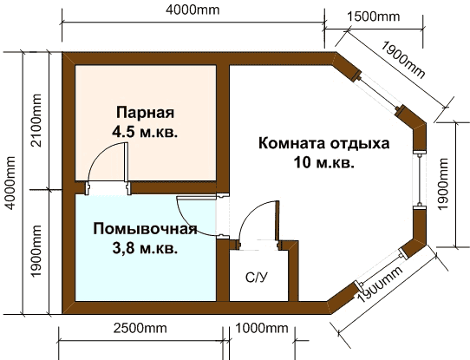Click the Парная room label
[145, 113]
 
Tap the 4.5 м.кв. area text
[145, 131]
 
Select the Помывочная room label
[146, 229]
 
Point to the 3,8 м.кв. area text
[145, 248]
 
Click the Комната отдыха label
[324, 143]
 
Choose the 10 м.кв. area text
[324, 163]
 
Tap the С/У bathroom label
[257, 278]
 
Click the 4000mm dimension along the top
[193, 10]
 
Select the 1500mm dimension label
[374, 16]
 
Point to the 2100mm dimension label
[36, 121]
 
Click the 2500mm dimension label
[140, 328]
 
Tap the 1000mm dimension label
[262, 328]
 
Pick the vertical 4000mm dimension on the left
[10, 183]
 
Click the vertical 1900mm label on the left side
[36, 252]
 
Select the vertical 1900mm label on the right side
[443, 183]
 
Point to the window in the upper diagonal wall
[380, 92]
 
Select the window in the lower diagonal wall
[380, 268]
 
